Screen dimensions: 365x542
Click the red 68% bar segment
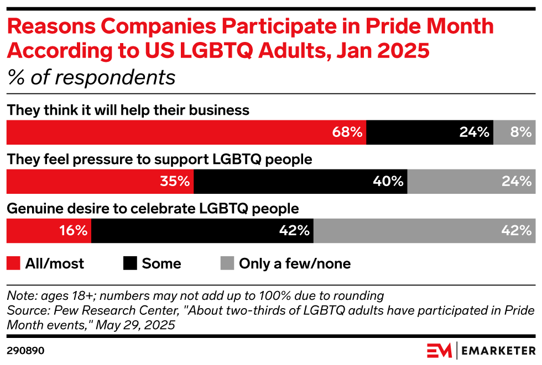(186, 132)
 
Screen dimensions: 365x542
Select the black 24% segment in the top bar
(429, 132)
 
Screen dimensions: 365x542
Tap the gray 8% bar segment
(514, 132)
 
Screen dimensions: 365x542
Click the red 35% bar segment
(100, 181)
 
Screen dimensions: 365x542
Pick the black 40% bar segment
(300, 181)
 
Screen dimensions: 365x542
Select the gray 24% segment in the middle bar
(471, 181)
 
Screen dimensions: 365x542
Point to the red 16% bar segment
(49, 230)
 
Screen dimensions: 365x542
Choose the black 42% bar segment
(202, 230)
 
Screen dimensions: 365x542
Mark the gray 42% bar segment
(424, 230)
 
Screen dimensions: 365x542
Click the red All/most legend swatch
(13, 263)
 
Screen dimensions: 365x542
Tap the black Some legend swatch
(130, 263)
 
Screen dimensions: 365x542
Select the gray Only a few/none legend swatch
(227, 263)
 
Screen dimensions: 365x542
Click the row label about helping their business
(128, 110)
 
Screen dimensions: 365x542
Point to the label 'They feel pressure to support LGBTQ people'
(159, 160)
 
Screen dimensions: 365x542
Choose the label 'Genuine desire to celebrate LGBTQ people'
(153, 209)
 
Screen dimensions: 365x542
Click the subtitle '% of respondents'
(91, 78)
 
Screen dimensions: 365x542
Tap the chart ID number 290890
(25, 351)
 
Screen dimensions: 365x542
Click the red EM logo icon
(439, 351)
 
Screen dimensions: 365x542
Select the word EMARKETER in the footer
(498, 351)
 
